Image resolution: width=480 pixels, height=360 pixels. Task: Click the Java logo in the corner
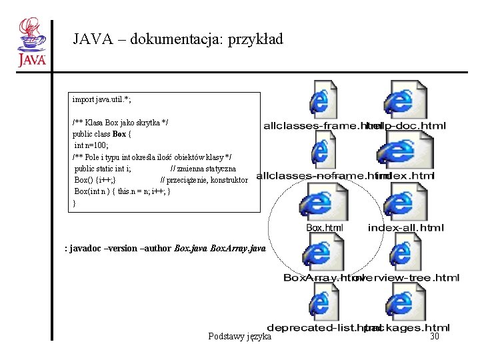[x=31, y=43]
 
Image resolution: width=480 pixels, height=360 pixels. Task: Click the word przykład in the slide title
[x=256, y=39]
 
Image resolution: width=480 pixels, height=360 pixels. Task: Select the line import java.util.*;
[x=102, y=100]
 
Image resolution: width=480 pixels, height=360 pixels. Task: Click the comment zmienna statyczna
[x=203, y=169]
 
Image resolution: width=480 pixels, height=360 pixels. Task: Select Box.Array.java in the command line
[x=237, y=248]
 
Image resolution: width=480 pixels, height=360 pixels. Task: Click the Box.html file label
[x=325, y=228]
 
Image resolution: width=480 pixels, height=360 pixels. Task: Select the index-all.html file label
[x=405, y=228]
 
